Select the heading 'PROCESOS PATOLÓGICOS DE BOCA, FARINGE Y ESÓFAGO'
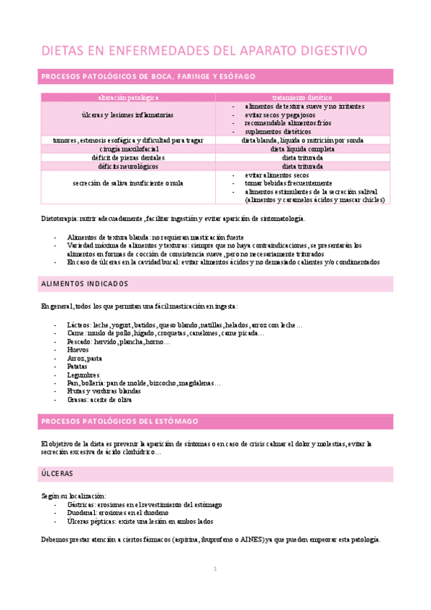tap(148, 76)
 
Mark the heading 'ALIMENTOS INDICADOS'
tap(85, 283)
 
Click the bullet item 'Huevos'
tap(77, 350)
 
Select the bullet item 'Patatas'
tap(78, 366)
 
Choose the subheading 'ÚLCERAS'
tap(58, 473)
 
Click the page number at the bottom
tap(214, 570)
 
